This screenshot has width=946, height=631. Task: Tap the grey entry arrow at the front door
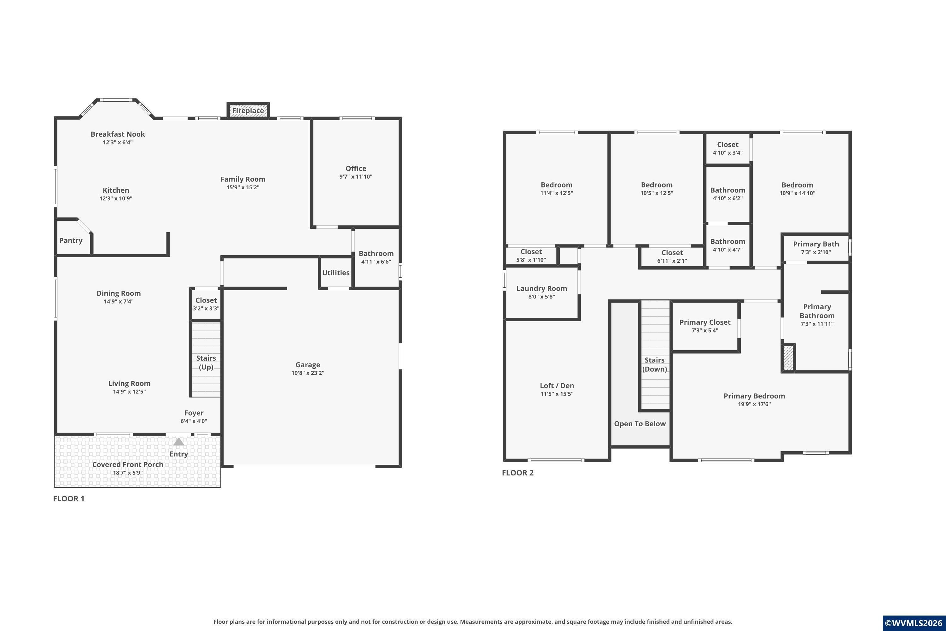click(178, 442)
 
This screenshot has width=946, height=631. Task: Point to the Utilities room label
click(336, 273)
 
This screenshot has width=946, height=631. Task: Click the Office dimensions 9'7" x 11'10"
click(356, 177)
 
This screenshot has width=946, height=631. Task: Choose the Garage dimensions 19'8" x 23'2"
click(308, 373)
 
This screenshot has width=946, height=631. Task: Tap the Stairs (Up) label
click(206, 363)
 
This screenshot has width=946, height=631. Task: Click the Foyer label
click(194, 413)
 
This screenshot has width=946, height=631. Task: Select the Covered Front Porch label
click(128, 464)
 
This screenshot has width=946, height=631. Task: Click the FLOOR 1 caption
click(69, 498)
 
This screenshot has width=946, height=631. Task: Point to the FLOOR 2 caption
click(518, 473)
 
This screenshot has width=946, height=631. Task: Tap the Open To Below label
click(640, 424)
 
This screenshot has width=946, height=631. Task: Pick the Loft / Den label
click(557, 386)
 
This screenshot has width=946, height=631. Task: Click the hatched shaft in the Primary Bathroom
click(788, 358)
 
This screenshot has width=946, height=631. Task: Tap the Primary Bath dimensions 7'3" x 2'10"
click(816, 252)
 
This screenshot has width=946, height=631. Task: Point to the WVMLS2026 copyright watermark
click(914, 623)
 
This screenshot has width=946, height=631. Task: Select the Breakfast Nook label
click(118, 134)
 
